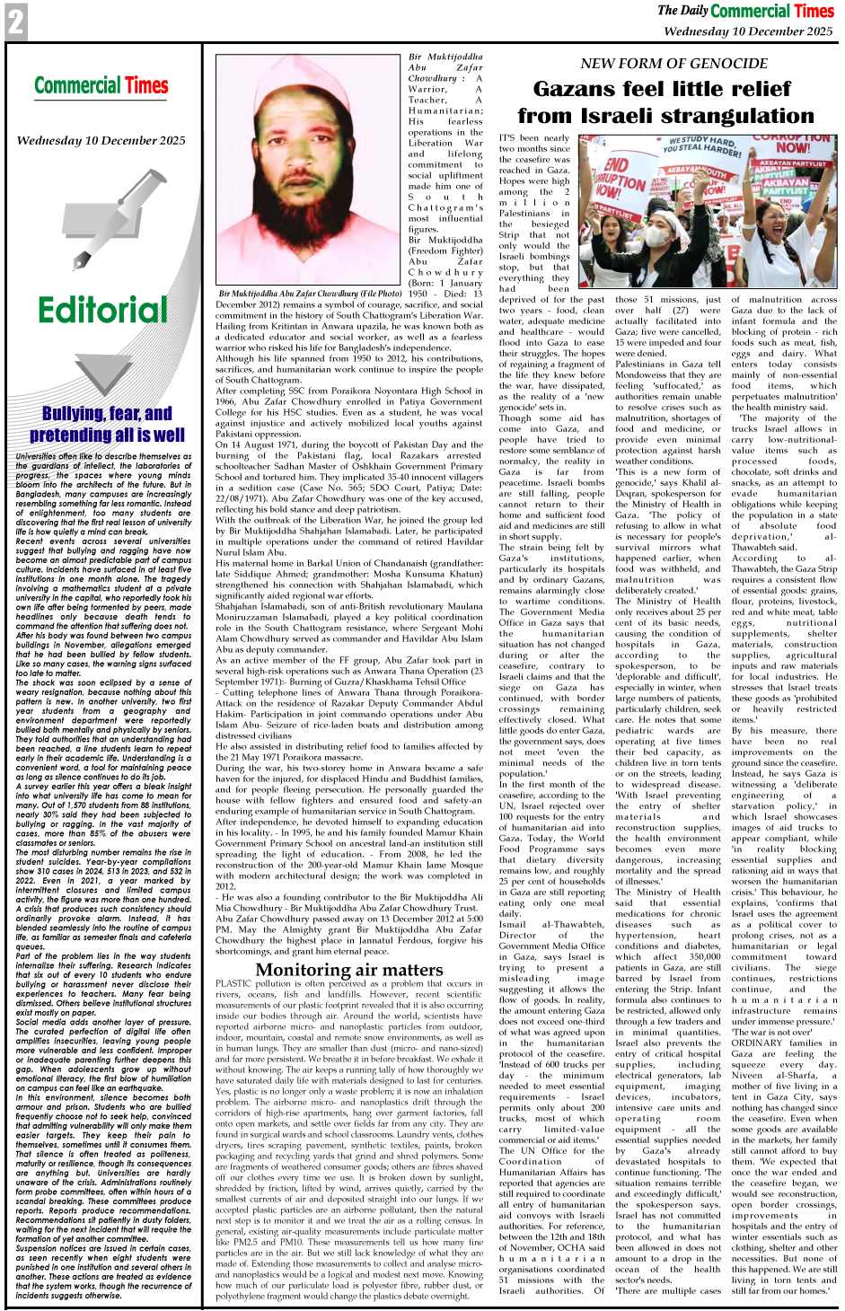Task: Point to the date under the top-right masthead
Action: pyautogui.click(x=748, y=31)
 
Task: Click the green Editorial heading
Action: pyautogui.click(x=103, y=310)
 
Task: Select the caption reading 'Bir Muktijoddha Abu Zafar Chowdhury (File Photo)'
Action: pyautogui.click(x=310, y=294)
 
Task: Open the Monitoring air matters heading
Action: pyautogui.click(x=348, y=969)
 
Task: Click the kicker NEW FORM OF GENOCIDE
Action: pyautogui.click(x=673, y=63)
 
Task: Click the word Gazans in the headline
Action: pyautogui.click(x=584, y=89)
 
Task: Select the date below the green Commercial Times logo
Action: pyautogui.click(x=101, y=141)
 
